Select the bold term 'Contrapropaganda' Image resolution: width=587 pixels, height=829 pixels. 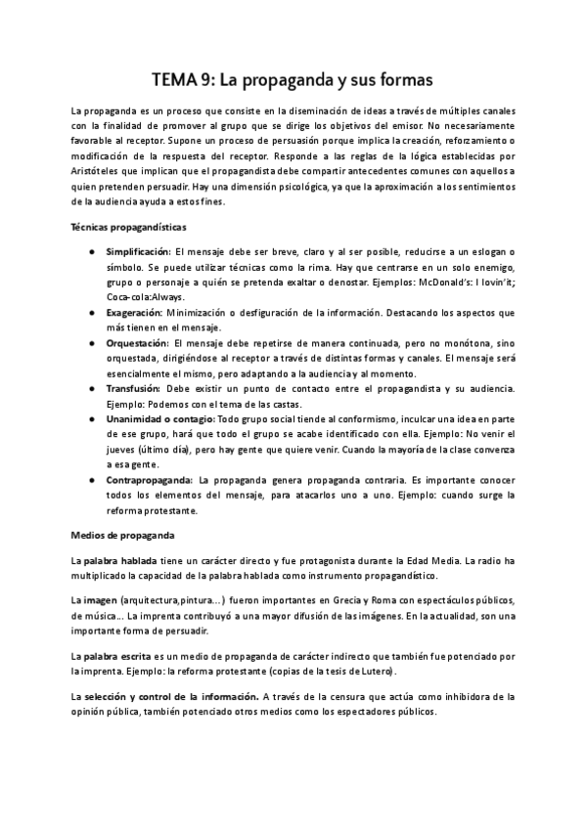click(148, 480)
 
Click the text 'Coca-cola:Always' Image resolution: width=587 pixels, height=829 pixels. click(145, 297)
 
